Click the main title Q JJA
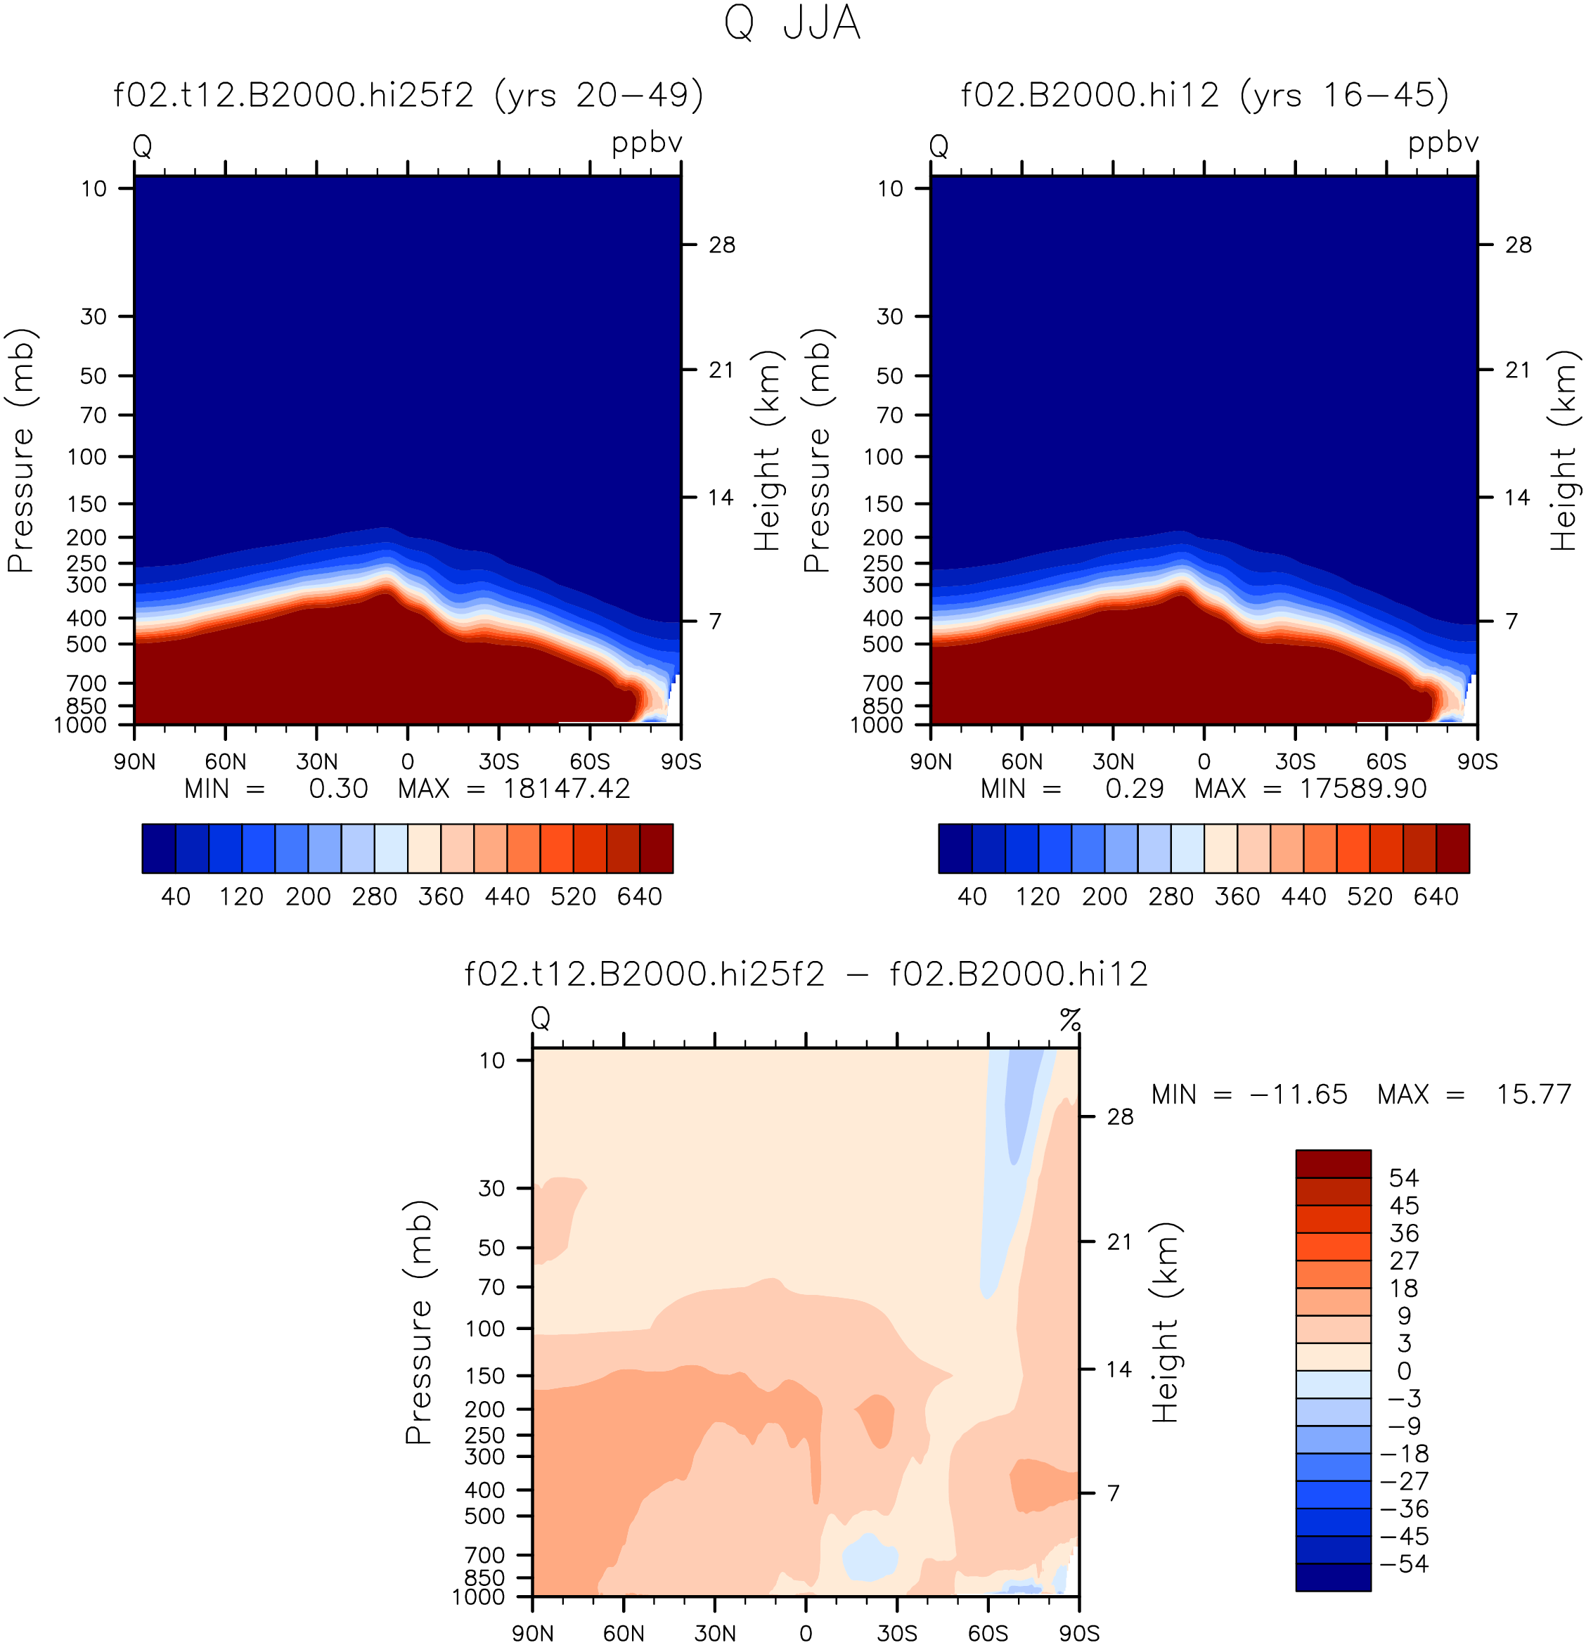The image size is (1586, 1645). tap(792, 22)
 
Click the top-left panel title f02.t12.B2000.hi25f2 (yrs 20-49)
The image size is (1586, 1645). tap(408, 95)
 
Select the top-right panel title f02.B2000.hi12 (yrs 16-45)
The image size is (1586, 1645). tap(1204, 95)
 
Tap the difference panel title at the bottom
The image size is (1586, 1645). tap(806, 974)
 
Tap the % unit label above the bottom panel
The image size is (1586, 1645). tap(1070, 1020)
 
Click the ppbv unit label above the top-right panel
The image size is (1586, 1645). tap(1443, 143)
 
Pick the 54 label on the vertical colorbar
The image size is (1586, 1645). tap(1404, 1178)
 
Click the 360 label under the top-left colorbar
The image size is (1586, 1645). tap(441, 896)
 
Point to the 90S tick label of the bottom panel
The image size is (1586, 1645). tap(1078, 1632)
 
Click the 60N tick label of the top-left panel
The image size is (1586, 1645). tap(226, 761)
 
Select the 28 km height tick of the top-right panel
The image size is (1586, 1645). tap(1518, 245)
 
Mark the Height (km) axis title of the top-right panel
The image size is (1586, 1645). tap(1564, 450)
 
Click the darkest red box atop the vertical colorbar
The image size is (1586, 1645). tap(1334, 1163)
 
